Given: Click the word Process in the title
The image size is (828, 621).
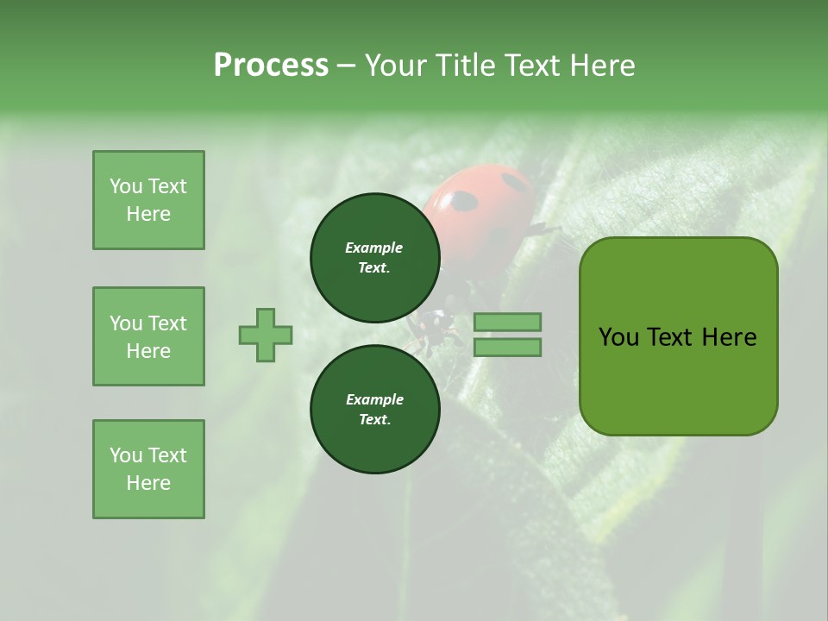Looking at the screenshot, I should click(x=271, y=66).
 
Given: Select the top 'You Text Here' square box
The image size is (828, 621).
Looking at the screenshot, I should click(x=148, y=200).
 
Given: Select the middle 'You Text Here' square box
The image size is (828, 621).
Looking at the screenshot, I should click(x=148, y=336).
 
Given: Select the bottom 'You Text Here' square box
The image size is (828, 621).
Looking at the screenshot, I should click(x=148, y=469).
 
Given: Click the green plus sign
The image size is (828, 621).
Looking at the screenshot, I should click(x=266, y=335).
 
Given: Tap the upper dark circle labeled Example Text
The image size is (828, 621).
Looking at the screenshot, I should click(x=374, y=257).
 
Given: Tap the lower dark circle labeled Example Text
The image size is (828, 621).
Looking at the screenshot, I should click(x=374, y=409).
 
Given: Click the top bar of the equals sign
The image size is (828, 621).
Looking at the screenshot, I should click(x=507, y=322).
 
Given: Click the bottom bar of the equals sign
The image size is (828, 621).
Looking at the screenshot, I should click(x=507, y=348).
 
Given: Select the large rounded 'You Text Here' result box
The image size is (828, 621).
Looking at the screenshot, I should click(x=678, y=336).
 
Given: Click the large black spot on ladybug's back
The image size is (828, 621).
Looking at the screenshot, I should click(x=464, y=202).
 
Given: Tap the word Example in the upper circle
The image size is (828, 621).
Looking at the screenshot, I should click(x=373, y=248).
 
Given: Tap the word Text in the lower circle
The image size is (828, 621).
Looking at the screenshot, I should click(x=374, y=419).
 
